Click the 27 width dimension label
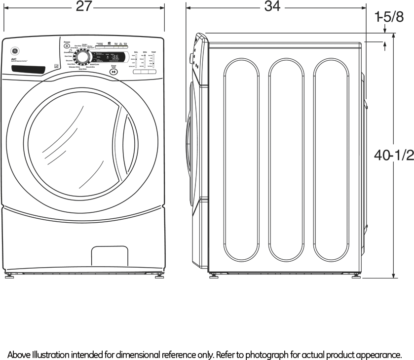(x=84, y=6)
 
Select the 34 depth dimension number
(x=272, y=6)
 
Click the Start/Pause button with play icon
(x=114, y=72)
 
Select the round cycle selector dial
(x=82, y=59)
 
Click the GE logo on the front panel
(x=13, y=50)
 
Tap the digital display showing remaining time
(x=113, y=57)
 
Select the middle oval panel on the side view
(x=286, y=160)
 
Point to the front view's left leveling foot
(x=9, y=276)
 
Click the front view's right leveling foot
(x=160, y=276)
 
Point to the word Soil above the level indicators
(x=136, y=52)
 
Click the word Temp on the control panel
(x=154, y=52)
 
